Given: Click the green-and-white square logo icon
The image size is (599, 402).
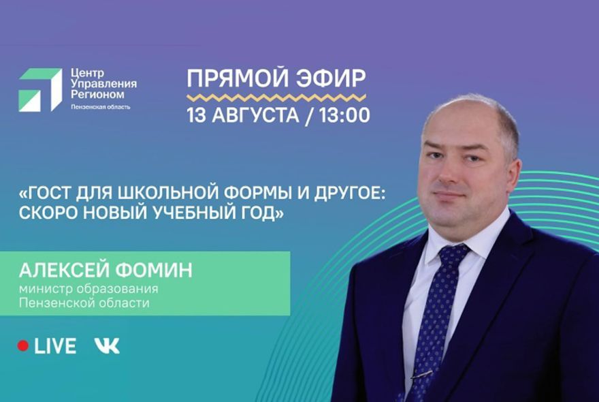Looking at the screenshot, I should pos(40,89).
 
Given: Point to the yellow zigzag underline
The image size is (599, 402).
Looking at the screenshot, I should pos(276,97).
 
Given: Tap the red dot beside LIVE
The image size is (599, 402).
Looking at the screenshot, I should pos(23,345).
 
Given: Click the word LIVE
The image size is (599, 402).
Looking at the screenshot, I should pos(55,345).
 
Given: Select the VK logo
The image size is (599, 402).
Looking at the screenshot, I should pos(107,345).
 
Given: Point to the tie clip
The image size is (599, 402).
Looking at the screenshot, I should pos(421,374).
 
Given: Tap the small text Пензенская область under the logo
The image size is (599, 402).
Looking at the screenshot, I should pos(100,106).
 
